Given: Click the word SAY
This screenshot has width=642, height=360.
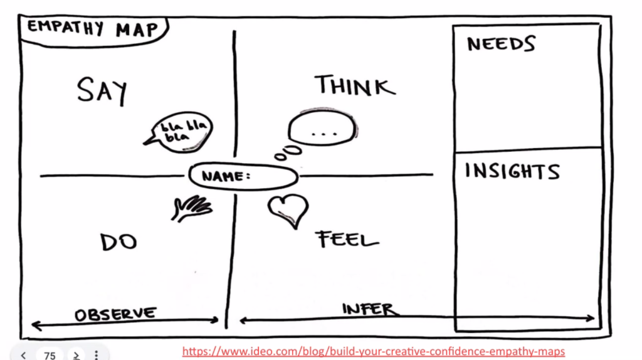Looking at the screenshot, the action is [102, 92].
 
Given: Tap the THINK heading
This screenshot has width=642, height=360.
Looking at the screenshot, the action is [355, 85].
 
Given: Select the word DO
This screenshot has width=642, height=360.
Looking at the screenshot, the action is [118, 241].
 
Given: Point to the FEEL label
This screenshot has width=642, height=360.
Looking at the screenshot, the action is [347, 239].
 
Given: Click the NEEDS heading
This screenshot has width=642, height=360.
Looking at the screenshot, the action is [501, 44].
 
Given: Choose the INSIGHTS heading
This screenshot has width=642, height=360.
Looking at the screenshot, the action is [512, 171].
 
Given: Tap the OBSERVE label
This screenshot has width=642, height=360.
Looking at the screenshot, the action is [115, 315].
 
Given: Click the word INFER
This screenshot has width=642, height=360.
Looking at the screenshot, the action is [370, 309].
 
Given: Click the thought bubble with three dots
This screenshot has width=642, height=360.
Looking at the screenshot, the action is [322, 128].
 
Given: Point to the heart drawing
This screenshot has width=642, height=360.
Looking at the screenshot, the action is [288, 210].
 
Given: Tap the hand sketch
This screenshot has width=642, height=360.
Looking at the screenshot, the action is [192, 208].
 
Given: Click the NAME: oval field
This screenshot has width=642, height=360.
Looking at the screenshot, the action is [243, 176].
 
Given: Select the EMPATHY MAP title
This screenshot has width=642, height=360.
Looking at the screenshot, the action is [93, 29].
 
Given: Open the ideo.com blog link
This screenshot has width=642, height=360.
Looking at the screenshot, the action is [374, 351].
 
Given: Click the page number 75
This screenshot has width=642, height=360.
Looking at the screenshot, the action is [50, 356].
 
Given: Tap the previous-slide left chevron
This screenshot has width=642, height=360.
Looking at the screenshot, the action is [23, 356].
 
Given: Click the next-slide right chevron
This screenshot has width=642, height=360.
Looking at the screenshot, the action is [76, 356].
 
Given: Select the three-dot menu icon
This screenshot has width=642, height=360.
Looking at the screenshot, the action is [96, 355].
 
